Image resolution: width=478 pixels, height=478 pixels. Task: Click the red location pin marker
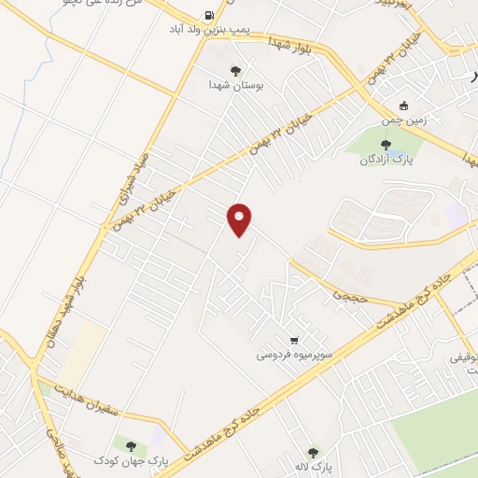coord(240,218)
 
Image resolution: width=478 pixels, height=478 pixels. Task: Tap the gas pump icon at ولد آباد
coord(206,16)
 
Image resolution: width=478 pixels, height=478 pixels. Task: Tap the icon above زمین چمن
coord(403,105)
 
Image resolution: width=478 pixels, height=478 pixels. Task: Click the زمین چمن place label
coord(402,119)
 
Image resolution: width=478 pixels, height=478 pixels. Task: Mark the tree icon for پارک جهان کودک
coord(131,446)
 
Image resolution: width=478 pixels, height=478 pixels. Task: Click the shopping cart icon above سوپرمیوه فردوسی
coord(294,341)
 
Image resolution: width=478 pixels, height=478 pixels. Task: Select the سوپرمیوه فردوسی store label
coord(294,356)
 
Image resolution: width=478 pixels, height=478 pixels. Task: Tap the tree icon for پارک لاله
coord(312,452)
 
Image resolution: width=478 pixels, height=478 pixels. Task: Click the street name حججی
coord(345,295)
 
